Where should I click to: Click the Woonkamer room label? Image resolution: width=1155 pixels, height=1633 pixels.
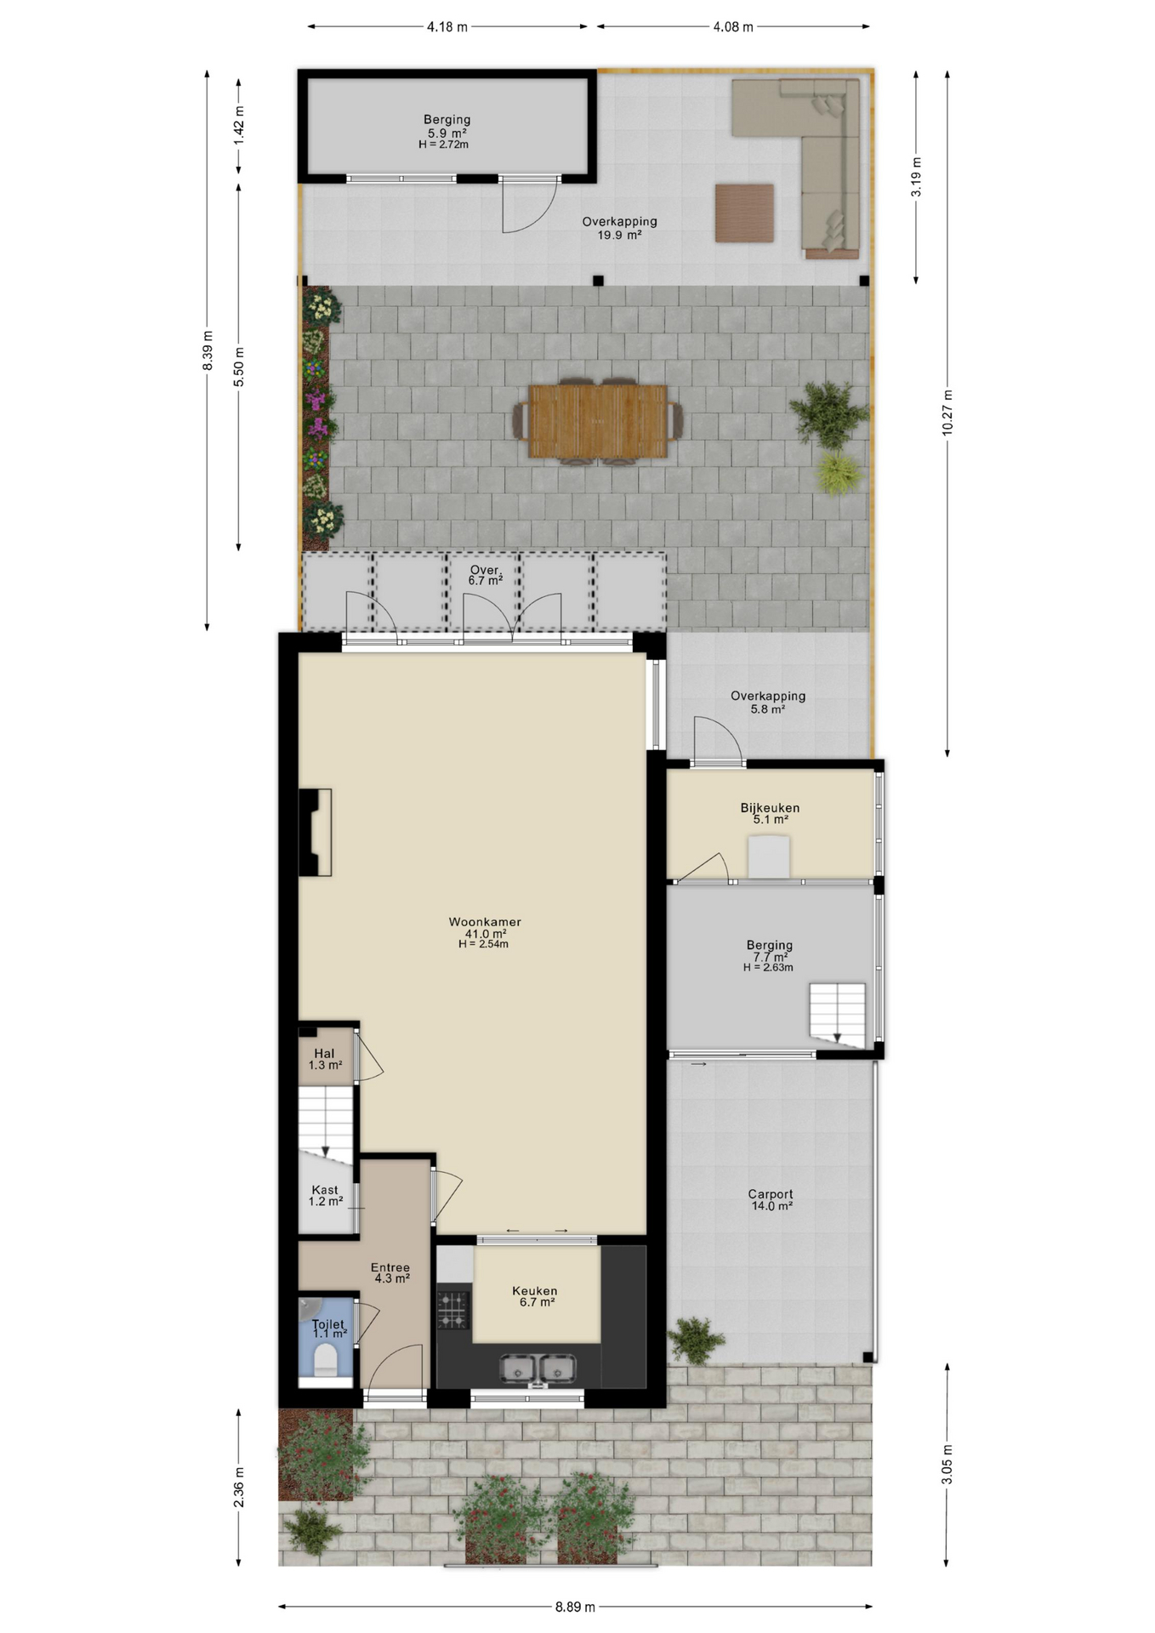pyautogui.click(x=485, y=922)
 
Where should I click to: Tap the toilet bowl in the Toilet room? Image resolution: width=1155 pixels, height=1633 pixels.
pyautogui.click(x=325, y=1363)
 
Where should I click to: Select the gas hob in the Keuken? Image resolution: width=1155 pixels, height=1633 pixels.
pyautogui.click(x=453, y=1310)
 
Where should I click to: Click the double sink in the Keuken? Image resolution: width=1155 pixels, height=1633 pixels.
pyautogui.click(x=537, y=1368)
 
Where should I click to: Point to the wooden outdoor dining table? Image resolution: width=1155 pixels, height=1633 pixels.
pyautogui.click(x=597, y=421)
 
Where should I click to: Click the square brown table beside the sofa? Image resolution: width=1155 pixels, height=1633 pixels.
pyautogui.click(x=744, y=213)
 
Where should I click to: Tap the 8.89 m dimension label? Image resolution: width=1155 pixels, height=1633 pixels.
pyautogui.click(x=575, y=1607)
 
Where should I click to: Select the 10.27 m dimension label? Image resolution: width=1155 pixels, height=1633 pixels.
pyautogui.click(x=947, y=413)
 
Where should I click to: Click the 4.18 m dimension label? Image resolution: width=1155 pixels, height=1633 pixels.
pyautogui.click(x=447, y=26)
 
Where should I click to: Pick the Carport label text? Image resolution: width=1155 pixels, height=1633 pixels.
pyautogui.click(x=771, y=1194)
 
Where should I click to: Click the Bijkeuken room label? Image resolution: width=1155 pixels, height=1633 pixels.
pyautogui.click(x=770, y=808)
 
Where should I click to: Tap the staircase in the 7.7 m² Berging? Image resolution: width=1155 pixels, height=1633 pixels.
pyautogui.click(x=837, y=1015)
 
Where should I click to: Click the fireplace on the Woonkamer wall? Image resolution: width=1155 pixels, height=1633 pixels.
pyautogui.click(x=315, y=833)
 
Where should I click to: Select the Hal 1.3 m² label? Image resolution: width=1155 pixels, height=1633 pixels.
pyautogui.click(x=325, y=1059)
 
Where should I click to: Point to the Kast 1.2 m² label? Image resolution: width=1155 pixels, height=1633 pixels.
pyautogui.click(x=326, y=1196)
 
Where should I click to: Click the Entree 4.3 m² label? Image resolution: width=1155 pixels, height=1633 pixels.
pyautogui.click(x=391, y=1272)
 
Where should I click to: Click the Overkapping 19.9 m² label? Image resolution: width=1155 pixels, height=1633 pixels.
pyautogui.click(x=619, y=228)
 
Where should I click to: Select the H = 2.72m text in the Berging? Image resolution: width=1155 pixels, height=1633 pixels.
pyautogui.click(x=444, y=145)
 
